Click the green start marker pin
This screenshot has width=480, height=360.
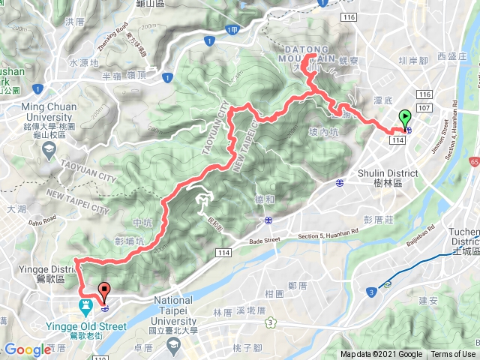coord(405,118)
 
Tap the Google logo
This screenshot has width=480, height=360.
coord(27,350)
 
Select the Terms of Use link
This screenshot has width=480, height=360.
coord(452,355)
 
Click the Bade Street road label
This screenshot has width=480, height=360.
coord(260,240)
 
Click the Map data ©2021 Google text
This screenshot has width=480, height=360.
coord(382,355)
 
